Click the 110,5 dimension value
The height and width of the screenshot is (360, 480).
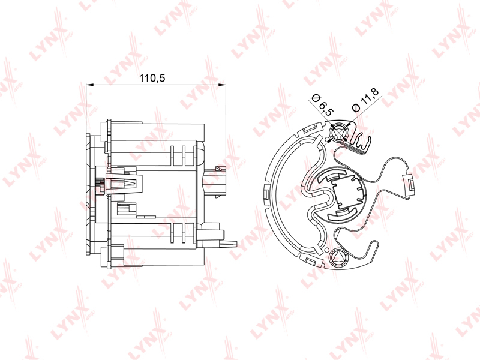pyautogui.click(x=152, y=78)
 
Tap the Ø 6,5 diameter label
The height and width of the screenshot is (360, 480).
pyautogui.click(x=322, y=105)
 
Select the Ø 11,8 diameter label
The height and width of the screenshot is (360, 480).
pyautogui.click(x=365, y=100)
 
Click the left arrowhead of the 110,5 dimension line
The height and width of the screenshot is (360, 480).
pyautogui.click(x=89, y=85)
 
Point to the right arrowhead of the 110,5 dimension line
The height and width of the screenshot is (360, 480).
pyautogui.click(x=222, y=85)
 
